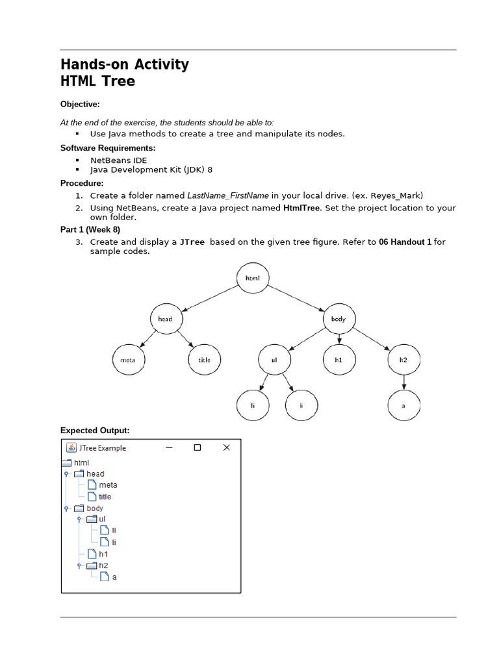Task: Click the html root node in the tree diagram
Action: tap(253, 279)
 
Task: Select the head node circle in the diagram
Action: tap(166, 319)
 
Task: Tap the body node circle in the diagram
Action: tap(339, 319)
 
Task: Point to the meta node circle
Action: tap(128, 360)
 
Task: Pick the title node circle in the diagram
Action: tap(205, 360)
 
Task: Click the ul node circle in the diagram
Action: tap(275, 360)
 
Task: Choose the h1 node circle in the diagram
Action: tap(339, 360)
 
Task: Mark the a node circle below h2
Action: tap(403, 405)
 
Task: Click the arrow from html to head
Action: tap(209, 299)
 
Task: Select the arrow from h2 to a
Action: tap(403, 383)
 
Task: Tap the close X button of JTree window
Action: tap(226, 447)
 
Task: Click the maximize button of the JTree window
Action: tap(198, 447)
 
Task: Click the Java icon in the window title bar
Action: tap(71, 447)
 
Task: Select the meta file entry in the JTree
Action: tap(107, 485)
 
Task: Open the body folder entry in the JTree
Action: tap(94, 508)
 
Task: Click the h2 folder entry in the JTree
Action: tap(103, 565)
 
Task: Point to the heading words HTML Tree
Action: tap(98, 81)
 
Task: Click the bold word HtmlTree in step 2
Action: tap(301, 208)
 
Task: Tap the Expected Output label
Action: tap(95, 431)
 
